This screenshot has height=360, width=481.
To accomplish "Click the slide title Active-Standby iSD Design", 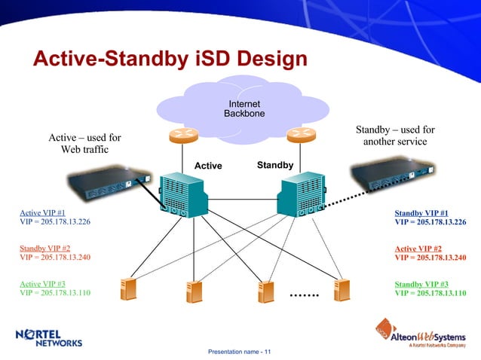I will tap(170, 59).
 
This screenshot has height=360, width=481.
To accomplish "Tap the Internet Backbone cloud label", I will tap(244, 108).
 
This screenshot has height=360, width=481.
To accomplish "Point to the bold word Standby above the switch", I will tap(275, 164).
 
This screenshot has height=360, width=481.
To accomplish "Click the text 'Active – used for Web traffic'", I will tap(84, 144).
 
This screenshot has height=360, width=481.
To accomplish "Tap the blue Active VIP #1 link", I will tap(42, 212).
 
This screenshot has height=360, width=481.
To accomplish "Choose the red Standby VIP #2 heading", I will tap(44, 248).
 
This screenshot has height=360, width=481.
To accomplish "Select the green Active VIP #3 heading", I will tap(42, 284).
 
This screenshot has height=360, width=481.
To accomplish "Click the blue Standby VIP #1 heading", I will tap(421, 212).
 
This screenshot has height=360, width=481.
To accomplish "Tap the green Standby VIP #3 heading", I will tap(421, 284).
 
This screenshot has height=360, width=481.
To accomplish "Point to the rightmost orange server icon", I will tap(343, 291).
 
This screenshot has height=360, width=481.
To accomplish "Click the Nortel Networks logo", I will tap(49, 338).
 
